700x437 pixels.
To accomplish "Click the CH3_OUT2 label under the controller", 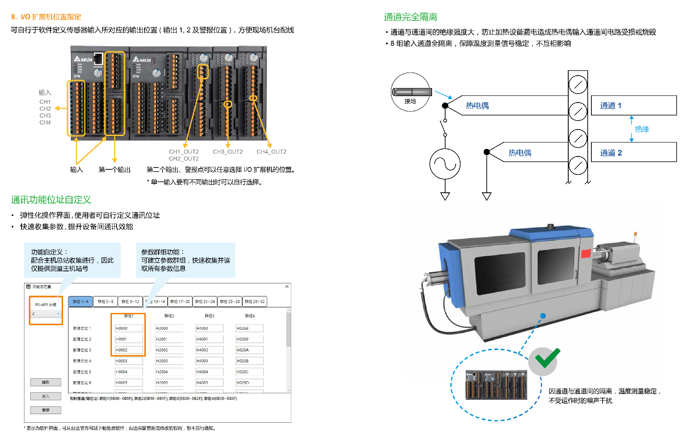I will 227,152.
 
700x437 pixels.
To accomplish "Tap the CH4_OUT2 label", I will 271,152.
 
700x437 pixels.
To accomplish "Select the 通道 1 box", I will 633,106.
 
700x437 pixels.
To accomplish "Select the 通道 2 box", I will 633,153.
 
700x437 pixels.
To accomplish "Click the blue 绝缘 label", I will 642,129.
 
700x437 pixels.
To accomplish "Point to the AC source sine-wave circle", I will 445,164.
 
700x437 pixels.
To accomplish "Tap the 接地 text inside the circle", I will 410,101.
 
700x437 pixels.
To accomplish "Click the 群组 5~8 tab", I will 105,302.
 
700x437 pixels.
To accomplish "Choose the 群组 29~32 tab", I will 254,302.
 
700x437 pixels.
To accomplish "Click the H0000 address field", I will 128,328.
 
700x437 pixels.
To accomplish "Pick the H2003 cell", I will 169,361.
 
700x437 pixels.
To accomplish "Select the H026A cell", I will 249,350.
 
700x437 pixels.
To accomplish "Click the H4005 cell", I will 209,383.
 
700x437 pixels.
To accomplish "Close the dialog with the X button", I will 287,287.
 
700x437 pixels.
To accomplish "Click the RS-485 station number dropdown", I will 46,314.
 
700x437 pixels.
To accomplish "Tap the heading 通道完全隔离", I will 410,17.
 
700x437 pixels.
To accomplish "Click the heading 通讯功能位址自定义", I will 51,200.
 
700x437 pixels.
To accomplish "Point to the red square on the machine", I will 586,253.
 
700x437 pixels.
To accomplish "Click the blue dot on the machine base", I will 543,316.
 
